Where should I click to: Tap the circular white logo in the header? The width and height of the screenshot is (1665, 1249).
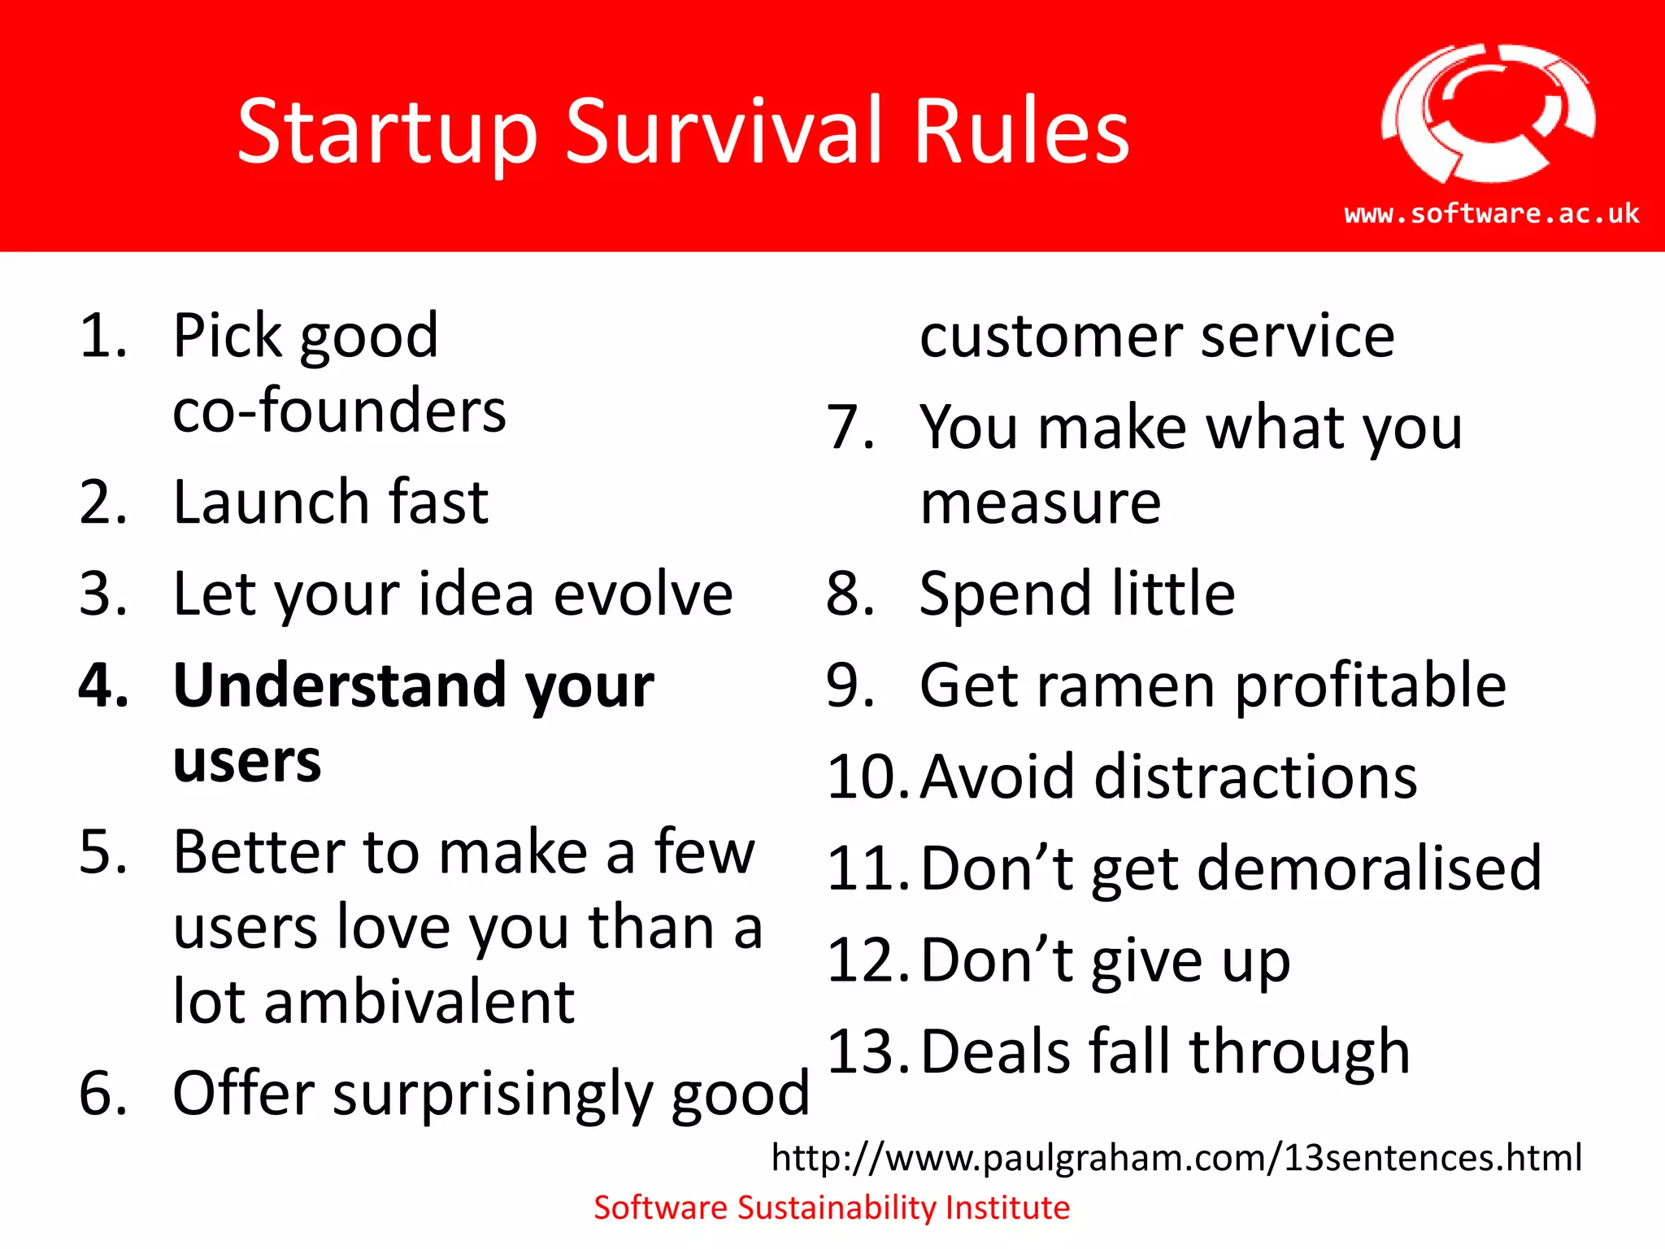1488,114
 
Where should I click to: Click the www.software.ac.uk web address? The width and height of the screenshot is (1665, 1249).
1492,213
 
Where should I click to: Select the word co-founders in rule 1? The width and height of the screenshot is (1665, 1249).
339,411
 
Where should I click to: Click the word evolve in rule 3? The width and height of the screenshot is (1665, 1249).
643,594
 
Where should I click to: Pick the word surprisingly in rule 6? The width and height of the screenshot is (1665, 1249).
493,1094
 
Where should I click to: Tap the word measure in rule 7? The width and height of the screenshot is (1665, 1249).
1041,503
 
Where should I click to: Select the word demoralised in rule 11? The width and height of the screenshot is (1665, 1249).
1369,868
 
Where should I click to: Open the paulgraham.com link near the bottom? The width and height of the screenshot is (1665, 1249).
1176,1157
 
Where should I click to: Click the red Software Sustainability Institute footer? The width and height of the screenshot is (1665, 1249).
832,1208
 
